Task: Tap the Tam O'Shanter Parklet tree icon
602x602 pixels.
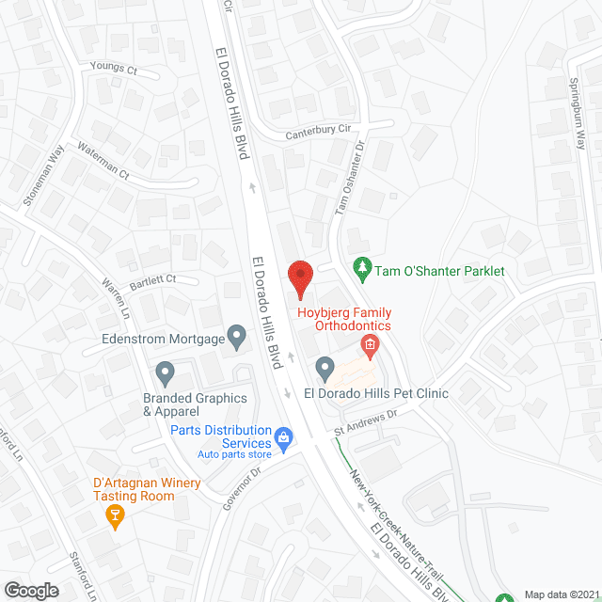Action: [x=361, y=270]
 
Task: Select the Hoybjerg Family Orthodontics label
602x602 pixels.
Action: [x=344, y=319]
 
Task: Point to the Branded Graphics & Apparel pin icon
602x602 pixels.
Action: [x=166, y=373]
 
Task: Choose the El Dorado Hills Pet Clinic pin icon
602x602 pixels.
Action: [x=325, y=367]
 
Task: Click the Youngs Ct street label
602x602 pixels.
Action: [x=114, y=70]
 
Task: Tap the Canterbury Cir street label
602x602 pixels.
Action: [x=323, y=134]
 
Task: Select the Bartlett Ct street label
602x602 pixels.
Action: [x=153, y=279]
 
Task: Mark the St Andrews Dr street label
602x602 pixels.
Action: [x=368, y=421]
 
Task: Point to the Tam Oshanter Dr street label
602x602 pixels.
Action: [x=350, y=175]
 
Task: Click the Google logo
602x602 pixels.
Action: [x=30, y=590]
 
